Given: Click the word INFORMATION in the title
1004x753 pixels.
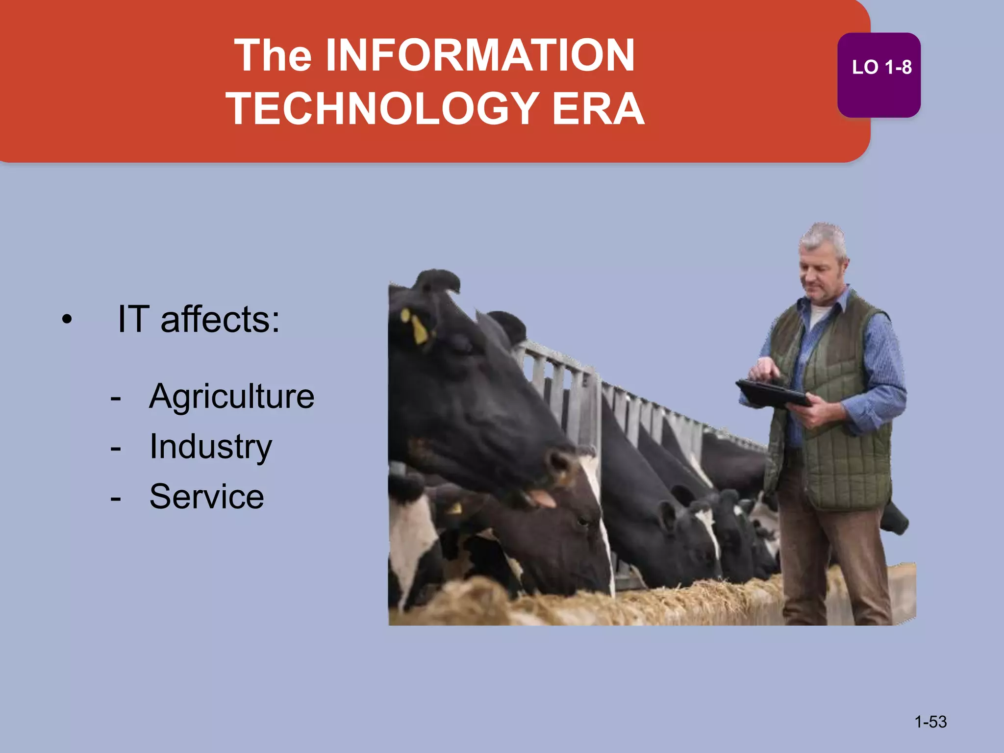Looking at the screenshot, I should click(480, 55).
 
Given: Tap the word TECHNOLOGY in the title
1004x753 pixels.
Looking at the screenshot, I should click(382, 109).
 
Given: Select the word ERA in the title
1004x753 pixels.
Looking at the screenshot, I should click(598, 109).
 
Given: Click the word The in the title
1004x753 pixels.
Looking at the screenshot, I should click(273, 55).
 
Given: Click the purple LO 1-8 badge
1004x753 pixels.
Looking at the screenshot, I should click(879, 75).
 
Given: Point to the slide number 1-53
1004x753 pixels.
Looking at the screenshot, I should click(930, 722).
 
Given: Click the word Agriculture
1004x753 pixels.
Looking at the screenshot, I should click(231, 396).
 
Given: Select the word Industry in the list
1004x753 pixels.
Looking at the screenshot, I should click(210, 447).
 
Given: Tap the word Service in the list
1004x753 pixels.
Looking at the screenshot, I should click(206, 497).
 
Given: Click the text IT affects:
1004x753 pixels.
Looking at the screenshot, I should click(199, 319).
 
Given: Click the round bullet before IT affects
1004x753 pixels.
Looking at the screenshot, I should click(67, 320).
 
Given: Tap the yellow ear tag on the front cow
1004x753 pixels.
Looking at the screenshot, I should click(419, 329).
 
